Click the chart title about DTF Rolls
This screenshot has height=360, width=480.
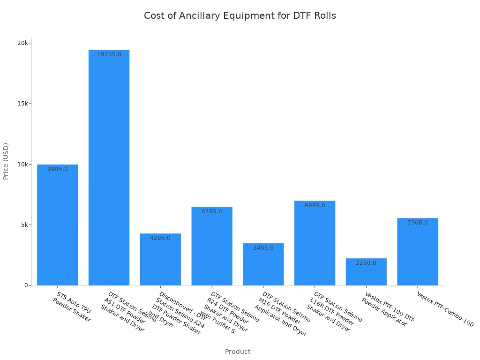pos(240,15)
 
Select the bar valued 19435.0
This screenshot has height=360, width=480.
pos(109,169)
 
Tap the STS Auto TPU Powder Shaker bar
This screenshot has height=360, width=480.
pos(57,225)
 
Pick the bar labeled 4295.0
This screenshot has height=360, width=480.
pos(160,260)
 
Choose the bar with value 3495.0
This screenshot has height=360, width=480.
pos(263,265)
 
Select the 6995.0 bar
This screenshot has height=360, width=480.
pos(315,244)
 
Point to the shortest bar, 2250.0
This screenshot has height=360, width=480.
pos(366,272)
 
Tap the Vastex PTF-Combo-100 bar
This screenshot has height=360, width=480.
pos(418,252)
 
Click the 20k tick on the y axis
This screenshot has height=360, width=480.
pos(23,43)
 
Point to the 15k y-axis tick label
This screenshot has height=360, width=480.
pos(23,104)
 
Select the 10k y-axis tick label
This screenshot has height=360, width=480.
pos(23,164)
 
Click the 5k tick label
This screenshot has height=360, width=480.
pos(24,225)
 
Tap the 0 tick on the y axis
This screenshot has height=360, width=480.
pos(27,285)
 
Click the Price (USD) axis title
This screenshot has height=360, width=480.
pos(6,161)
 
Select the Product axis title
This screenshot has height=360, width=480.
pos(238,352)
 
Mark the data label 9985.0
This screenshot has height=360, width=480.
pos(58,169)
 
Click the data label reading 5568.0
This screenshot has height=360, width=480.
pos(418,223)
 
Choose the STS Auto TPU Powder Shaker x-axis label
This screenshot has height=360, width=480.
pos(72,307)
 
